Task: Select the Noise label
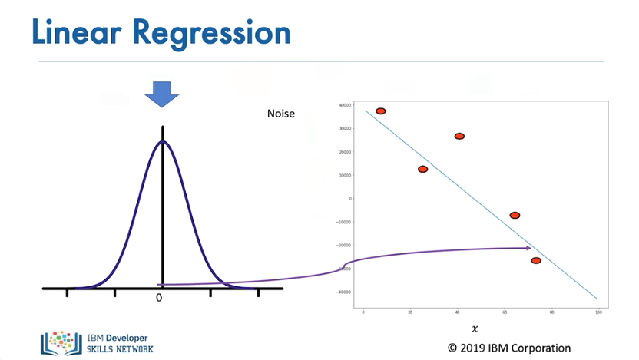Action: (280, 114)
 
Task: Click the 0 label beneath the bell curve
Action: (159, 298)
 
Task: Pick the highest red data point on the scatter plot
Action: (380, 111)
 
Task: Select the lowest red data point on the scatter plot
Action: (536, 261)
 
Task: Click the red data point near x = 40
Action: (459, 136)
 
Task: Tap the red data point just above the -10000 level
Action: (515, 216)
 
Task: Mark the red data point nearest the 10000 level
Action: (422, 169)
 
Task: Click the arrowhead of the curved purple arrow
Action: (528, 248)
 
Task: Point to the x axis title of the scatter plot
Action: (475, 329)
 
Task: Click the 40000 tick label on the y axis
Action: (345, 105)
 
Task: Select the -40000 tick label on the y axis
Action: (344, 292)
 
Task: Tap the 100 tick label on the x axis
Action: (598, 312)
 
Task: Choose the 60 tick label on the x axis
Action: (504, 312)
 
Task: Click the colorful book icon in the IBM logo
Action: (61, 342)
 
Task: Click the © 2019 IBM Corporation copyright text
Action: (509, 348)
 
